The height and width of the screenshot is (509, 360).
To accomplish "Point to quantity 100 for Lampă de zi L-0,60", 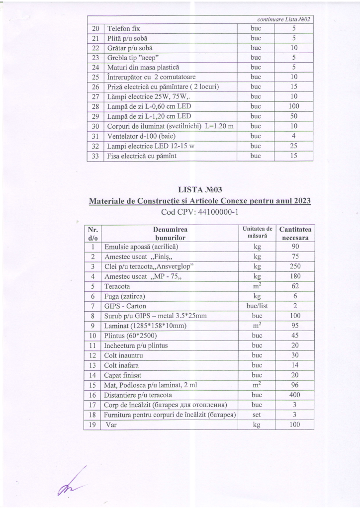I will point(293,106).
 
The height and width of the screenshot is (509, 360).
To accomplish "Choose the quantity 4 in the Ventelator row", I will point(293,136).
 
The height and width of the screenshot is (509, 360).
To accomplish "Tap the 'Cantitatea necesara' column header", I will point(295,234).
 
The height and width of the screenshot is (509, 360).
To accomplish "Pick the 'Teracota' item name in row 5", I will point(117,286).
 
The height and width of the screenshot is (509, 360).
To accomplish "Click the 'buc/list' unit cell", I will point(257,306).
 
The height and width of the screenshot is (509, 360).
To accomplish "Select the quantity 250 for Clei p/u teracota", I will point(295,266).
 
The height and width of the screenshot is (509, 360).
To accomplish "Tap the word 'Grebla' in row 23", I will point(117,58).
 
